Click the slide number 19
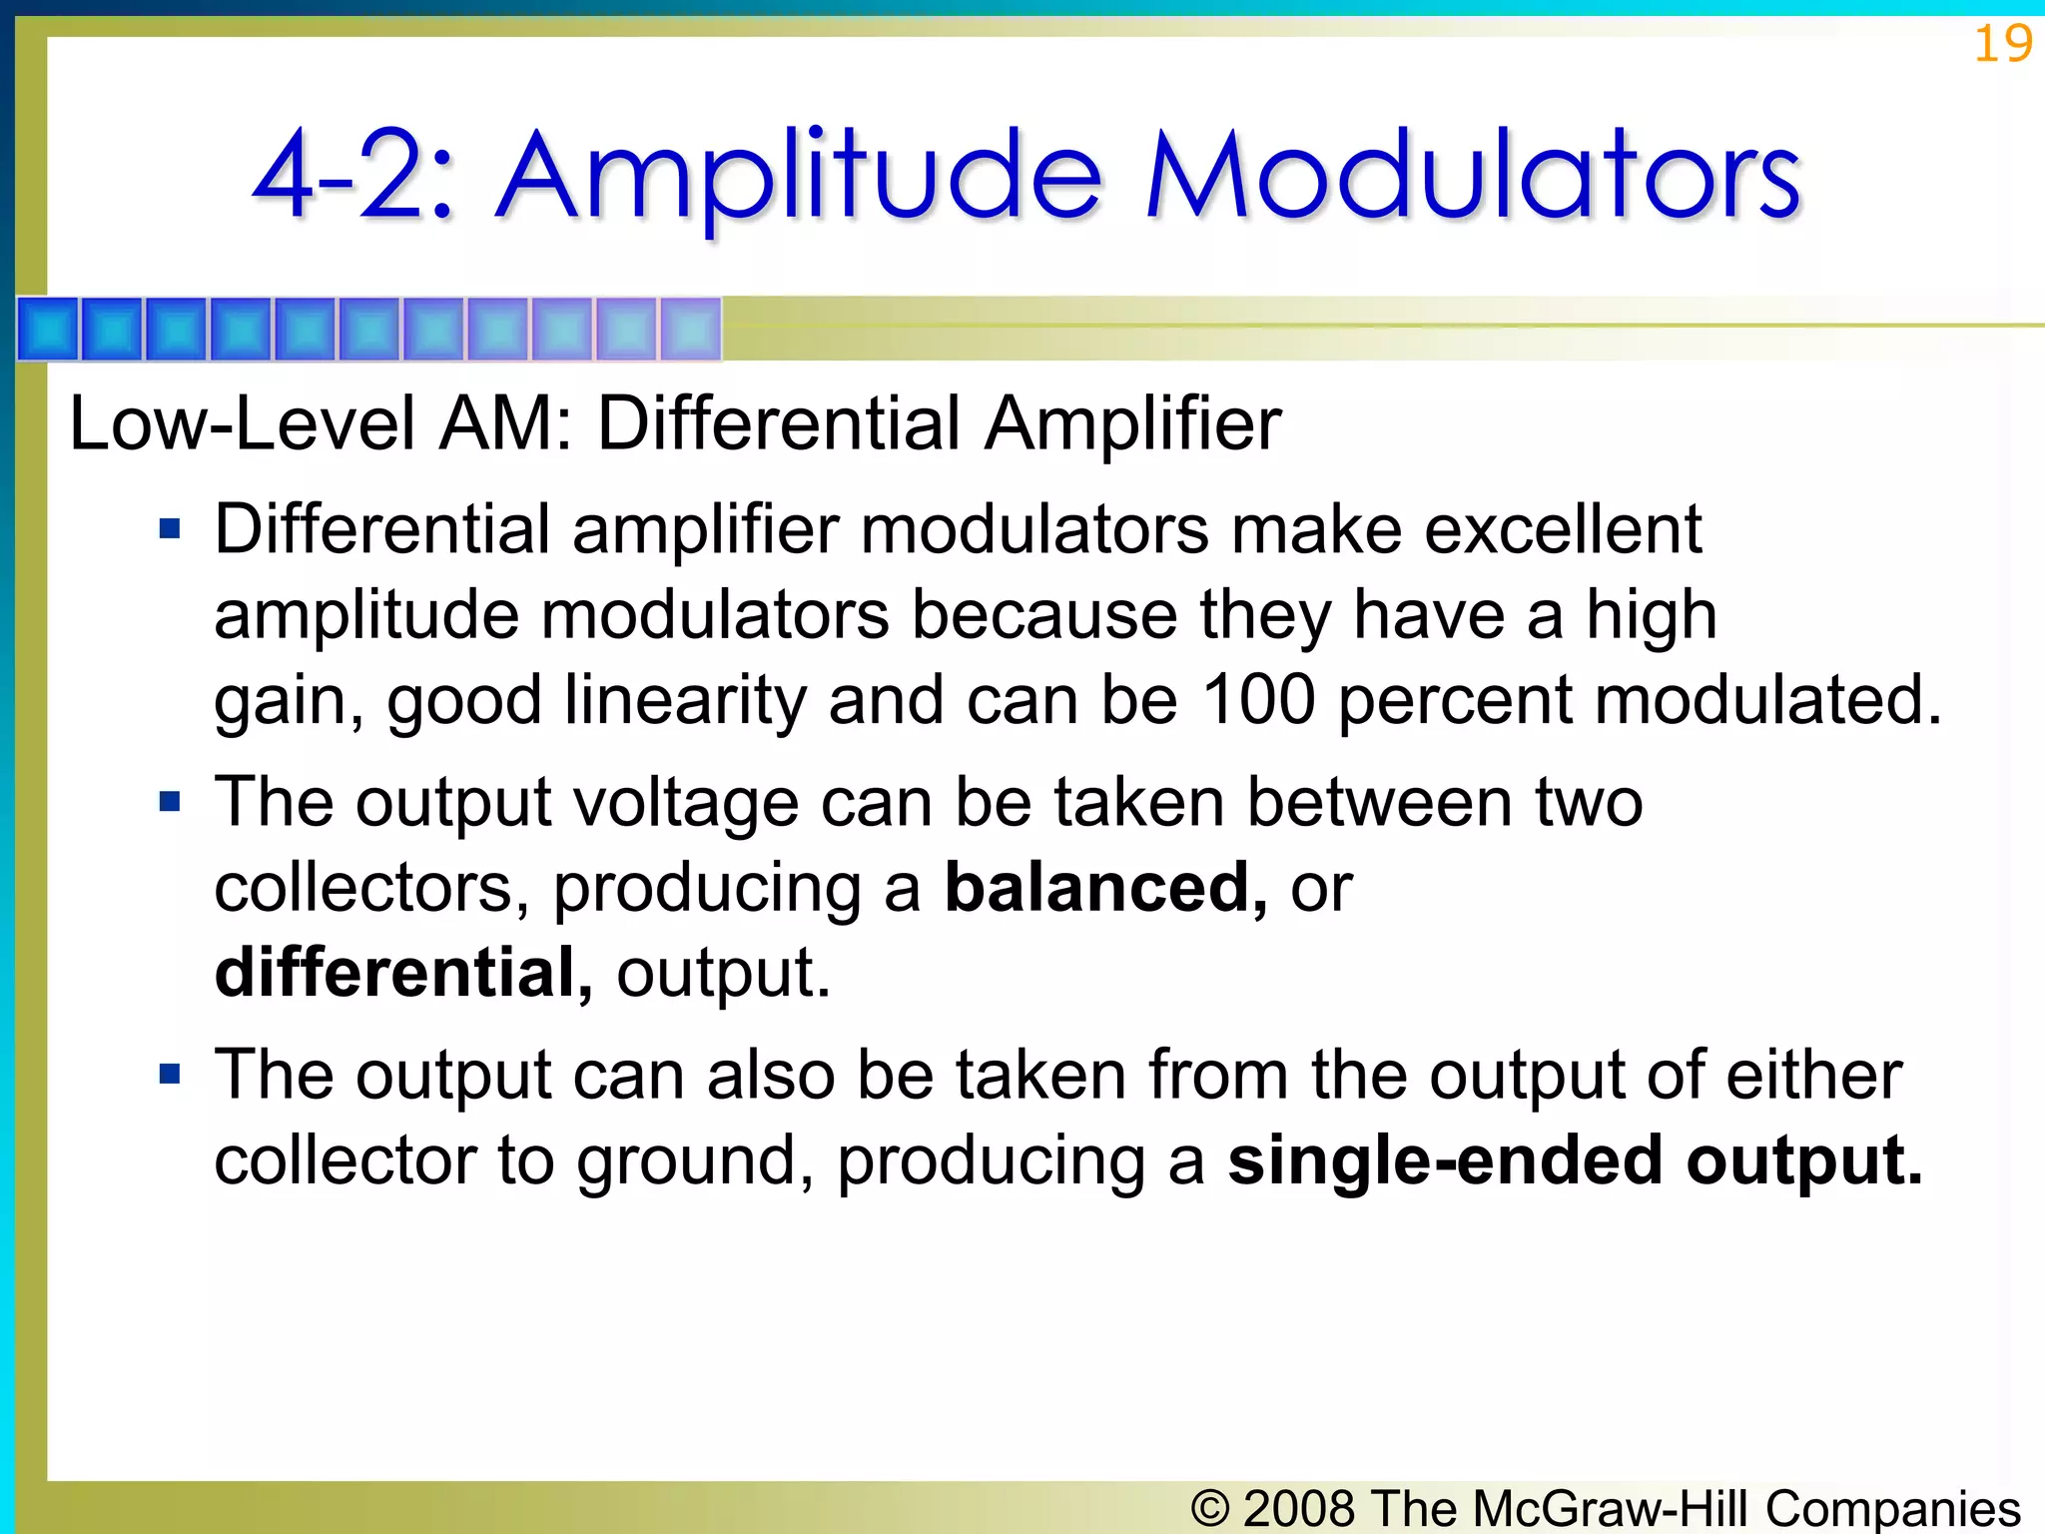2002,45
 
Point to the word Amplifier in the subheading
1132,423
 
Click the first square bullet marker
170,528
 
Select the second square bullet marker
170,801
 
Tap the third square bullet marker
170,1075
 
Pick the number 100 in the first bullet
1257,699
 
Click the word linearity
685,699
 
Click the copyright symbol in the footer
1210,1507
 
